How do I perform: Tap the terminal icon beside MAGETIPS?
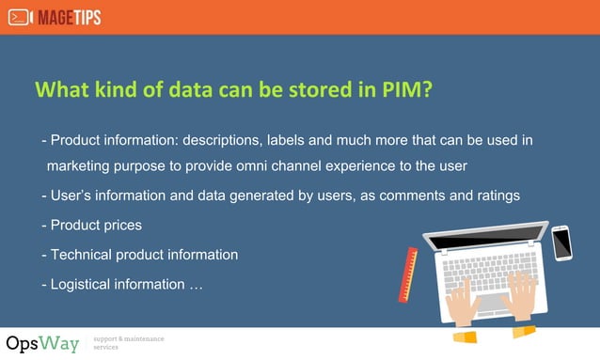tap(19, 17)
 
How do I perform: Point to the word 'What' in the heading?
tap(60, 89)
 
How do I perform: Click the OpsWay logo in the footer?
tap(42, 343)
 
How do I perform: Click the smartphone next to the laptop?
tap(561, 243)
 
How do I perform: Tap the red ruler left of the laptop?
tap(409, 274)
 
